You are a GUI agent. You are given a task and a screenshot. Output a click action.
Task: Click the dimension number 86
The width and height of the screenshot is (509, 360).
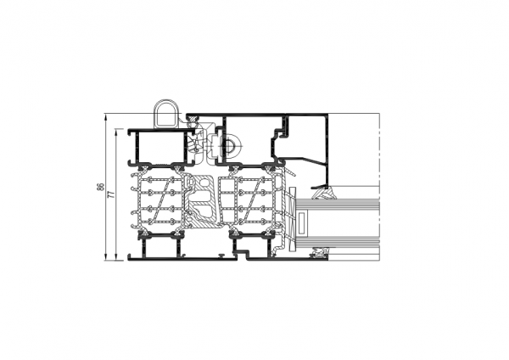(x=101, y=187)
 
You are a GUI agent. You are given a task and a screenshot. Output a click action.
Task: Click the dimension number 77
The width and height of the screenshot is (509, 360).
(x=111, y=194)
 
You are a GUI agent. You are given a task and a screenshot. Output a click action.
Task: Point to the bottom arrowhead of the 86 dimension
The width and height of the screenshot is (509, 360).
(x=105, y=257)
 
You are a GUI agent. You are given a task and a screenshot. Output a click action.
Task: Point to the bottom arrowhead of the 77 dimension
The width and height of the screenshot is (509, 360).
(x=116, y=257)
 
